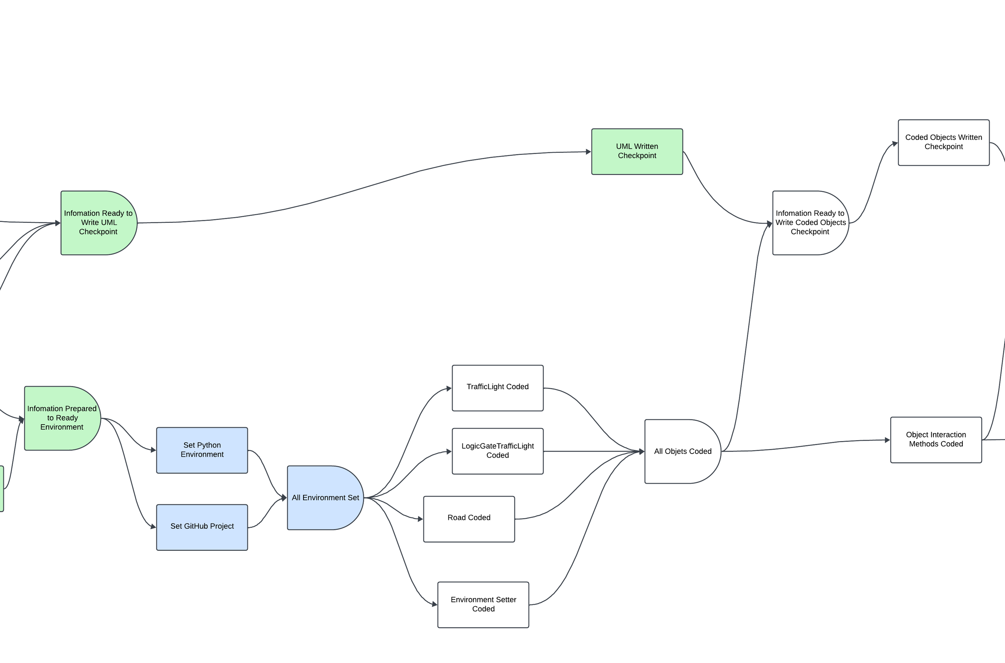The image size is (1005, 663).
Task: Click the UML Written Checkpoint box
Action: (637, 151)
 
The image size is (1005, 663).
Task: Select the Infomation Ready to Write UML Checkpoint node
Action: (98, 223)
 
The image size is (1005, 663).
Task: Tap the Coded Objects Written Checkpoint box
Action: (943, 142)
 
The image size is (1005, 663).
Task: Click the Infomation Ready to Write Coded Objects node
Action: (810, 223)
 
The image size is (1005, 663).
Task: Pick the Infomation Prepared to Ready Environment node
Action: (62, 418)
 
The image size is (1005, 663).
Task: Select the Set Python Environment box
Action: (202, 450)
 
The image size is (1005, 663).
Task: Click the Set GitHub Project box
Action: (202, 527)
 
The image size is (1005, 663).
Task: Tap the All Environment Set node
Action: (325, 498)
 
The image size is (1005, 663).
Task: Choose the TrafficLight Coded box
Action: (497, 388)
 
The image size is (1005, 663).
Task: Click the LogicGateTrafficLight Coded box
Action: (497, 451)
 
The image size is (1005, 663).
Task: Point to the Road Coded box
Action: (468, 519)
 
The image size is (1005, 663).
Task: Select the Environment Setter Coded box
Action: (483, 605)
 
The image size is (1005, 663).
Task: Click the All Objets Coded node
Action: (682, 451)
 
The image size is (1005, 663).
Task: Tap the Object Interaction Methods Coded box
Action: (936, 440)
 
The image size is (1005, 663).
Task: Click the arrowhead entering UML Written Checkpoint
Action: (588, 151)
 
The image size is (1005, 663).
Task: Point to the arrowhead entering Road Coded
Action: (420, 519)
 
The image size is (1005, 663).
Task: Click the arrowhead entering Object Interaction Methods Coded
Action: (887, 440)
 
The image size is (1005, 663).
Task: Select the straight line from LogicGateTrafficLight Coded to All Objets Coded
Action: (592, 452)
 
